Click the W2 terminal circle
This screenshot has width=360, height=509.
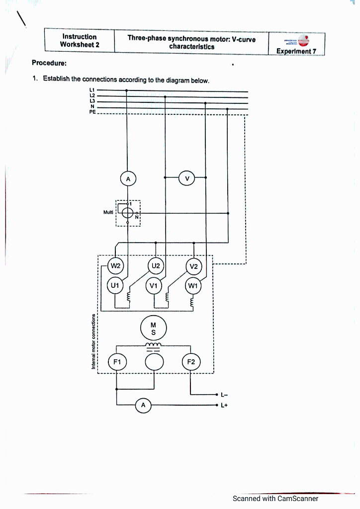tap(115, 266)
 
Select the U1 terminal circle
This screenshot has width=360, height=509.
tap(115, 285)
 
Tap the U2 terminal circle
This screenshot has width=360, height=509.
tap(155, 266)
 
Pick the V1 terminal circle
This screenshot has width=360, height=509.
tap(154, 285)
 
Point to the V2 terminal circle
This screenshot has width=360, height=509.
tap(193, 267)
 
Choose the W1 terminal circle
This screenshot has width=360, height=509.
tap(193, 286)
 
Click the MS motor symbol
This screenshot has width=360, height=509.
tap(154, 328)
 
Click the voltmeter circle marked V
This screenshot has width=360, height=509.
tap(187, 178)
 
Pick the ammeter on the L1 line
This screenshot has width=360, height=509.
tap(128, 178)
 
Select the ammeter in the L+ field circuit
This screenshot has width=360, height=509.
tap(143, 406)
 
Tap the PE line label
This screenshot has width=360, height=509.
tap(92, 113)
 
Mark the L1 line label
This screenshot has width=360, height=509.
tap(92, 90)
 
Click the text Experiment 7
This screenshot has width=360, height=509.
tap(297, 51)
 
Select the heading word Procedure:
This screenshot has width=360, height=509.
tap(49, 63)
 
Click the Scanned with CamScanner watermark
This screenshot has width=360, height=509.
tap(275, 499)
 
